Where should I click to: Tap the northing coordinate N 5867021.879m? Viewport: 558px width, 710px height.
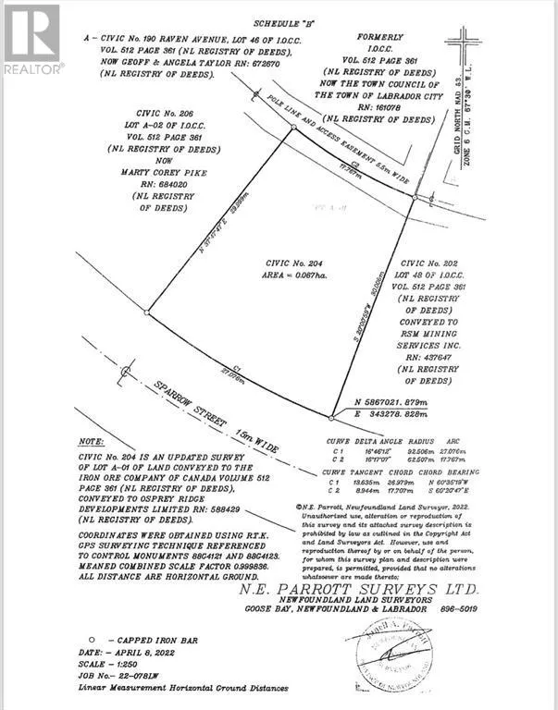click(x=406, y=401)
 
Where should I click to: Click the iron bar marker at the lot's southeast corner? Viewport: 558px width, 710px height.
click(x=331, y=416)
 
